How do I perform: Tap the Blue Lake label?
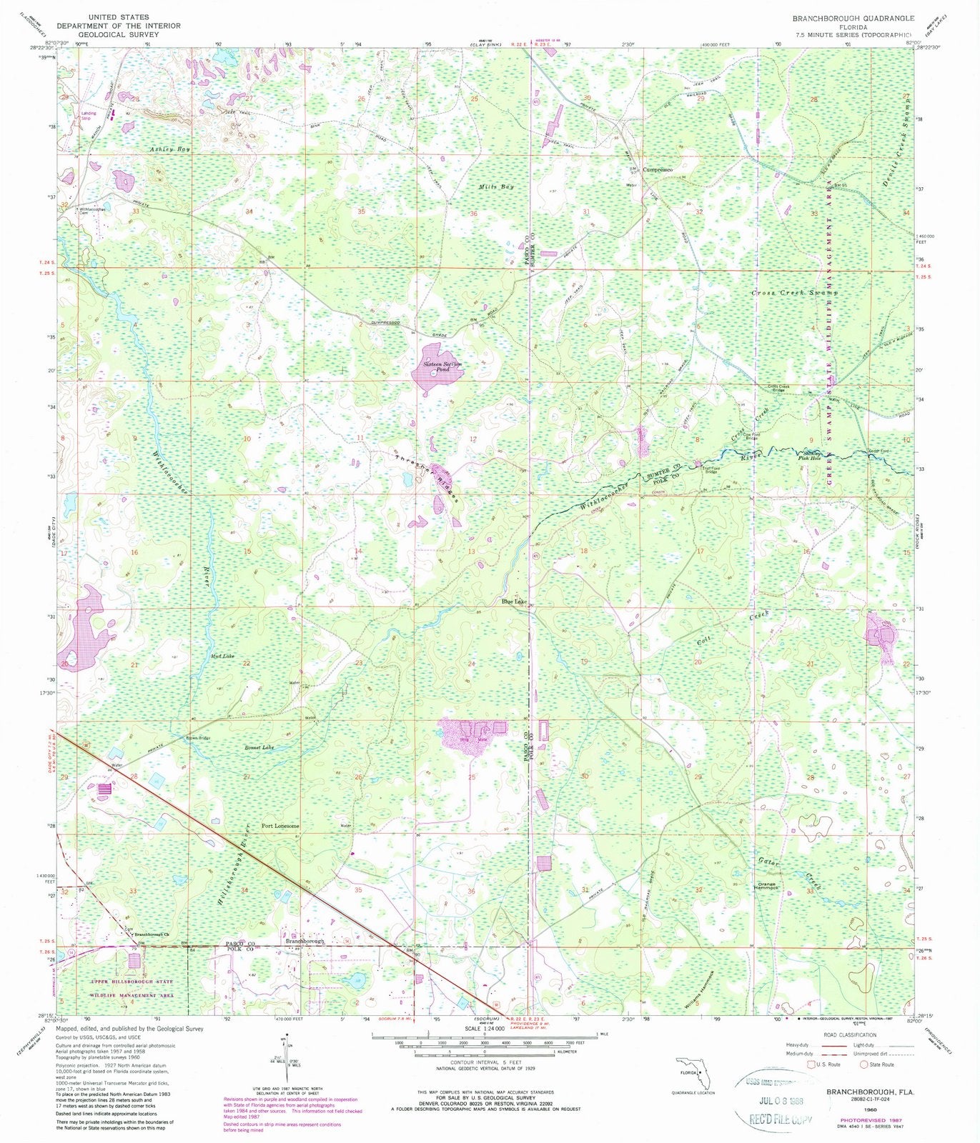[x=514, y=602]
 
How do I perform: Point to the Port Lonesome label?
[x=280, y=827]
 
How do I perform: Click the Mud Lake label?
[x=222, y=656]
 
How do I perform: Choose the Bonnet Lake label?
[x=258, y=747]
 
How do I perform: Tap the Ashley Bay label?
[x=169, y=149]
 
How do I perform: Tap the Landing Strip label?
[x=89, y=114]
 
